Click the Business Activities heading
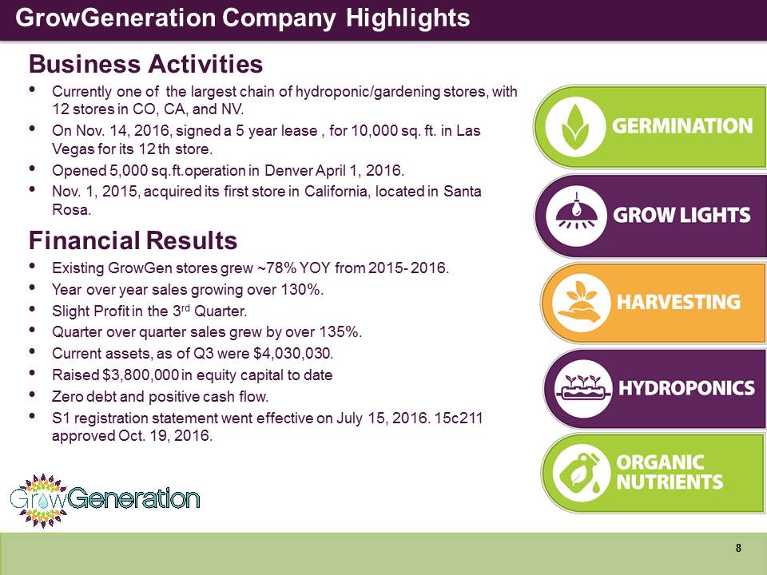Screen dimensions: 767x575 click(x=145, y=64)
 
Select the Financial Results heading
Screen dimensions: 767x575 click(x=133, y=240)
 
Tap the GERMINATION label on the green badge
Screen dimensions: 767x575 click(x=682, y=125)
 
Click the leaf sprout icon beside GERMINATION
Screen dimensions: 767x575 click(x=574, y=127)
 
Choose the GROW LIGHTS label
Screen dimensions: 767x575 click(x=682, y=215)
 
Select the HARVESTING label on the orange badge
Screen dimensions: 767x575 click(x=678, y=302)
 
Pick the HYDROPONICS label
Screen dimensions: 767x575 click(x=686, y=388)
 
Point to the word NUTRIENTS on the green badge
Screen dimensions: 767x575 click(x=670, y=482)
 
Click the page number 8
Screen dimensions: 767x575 click(x=738, y=548)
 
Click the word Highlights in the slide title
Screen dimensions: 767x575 click(x=407, y=18)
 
